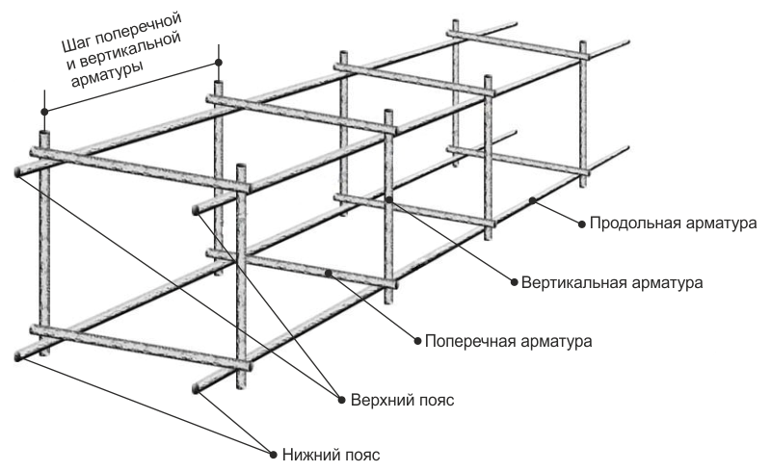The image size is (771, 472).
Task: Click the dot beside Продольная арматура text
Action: coord(582,223)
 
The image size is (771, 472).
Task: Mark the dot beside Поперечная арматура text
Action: coord(418,341)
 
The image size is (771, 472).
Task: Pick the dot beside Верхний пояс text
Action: coord(340,398)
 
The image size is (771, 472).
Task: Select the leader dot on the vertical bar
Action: coord(388,199)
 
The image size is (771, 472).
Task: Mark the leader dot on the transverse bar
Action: coord(329,274)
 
